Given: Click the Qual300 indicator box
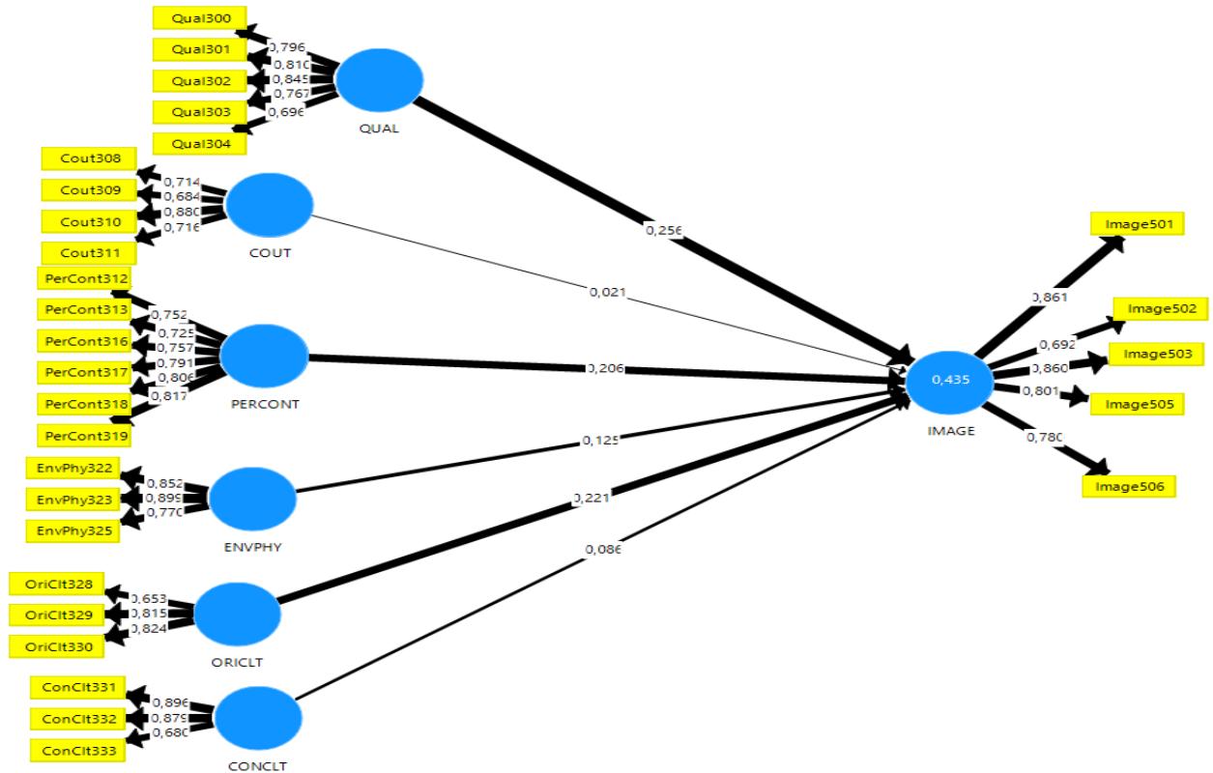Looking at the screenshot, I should click(198, 16).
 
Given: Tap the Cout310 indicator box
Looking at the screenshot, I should click(89, 221).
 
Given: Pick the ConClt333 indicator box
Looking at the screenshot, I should click(78, 750).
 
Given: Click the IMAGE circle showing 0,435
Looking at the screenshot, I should click(949, 381).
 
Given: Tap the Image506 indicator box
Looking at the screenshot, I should click(1128, 485).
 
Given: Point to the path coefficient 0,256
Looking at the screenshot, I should click(665, 231).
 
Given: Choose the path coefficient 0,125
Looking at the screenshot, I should click(599, 440).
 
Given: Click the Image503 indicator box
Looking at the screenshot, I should click(1156, 354).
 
